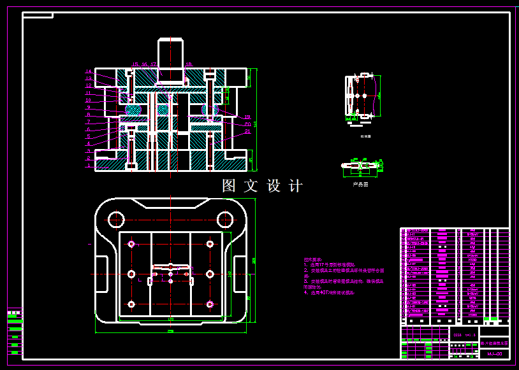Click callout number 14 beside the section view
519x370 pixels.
tap(89, 71)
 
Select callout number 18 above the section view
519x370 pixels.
tap(189, 64)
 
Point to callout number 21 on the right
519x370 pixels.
tap(247, 131)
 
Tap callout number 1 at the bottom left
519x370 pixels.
tap(89, 166)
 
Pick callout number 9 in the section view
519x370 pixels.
tap(89, 107)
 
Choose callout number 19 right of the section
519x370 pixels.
tap(247, 117)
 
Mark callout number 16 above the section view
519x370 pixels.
tap(145, 64)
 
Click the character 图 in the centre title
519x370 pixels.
tap(229, 186)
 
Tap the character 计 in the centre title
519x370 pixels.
tap(296, 186)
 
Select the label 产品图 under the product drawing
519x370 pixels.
tap(360, 184)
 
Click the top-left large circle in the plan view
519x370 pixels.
tap(115, 220)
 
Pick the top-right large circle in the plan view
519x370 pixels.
tap(224, 220)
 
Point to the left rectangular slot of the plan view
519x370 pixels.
tap(101, 274)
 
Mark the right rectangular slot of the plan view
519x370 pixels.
tap(240, 274)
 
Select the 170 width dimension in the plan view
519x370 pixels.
tap(170, 318)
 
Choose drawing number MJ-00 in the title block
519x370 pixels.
tap(494, 353)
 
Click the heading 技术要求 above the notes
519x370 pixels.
tap(312, 260)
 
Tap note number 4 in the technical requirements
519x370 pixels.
tap(306, 293)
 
